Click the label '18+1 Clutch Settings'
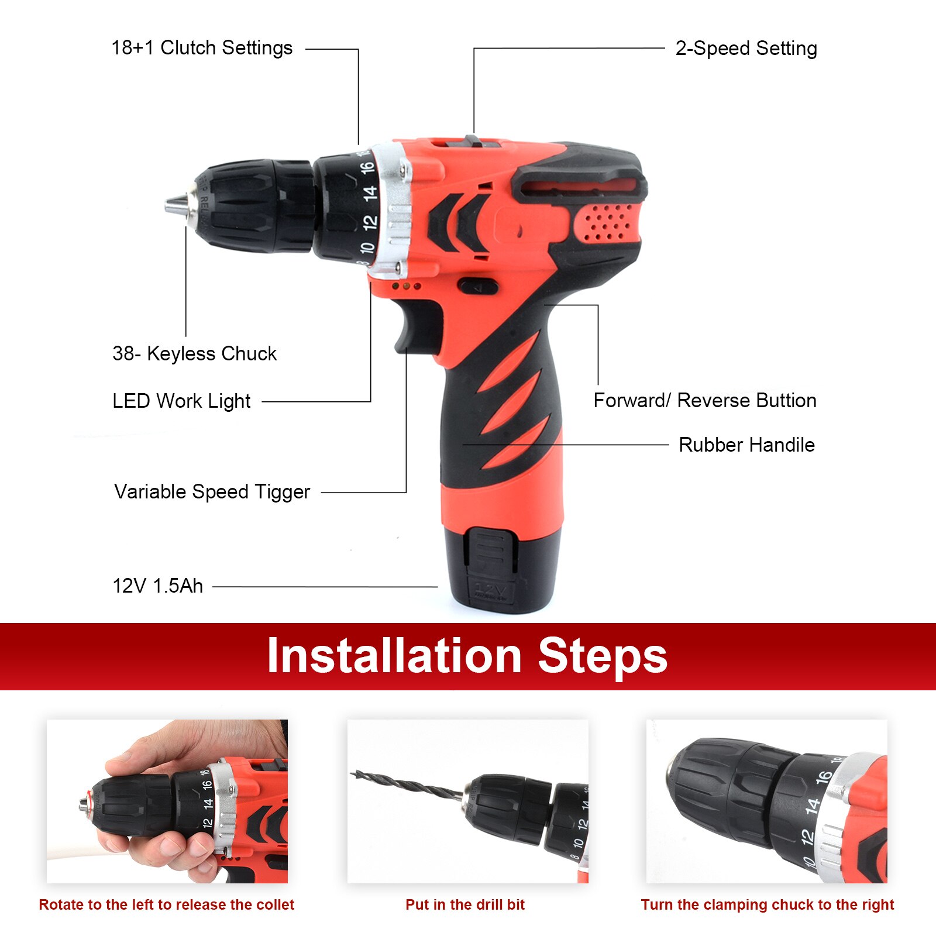tap(202, 48)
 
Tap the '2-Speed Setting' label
tap(746, 49)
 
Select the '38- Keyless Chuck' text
tap(194, 354)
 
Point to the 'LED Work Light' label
tap(181, 401)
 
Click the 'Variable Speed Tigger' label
tap(212, 492)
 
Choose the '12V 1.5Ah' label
tap(157, 586)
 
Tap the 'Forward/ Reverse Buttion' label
tap(704, 401)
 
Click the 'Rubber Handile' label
tap(746, 445)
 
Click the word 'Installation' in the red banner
tap(394, 656)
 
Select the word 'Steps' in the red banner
tap(603, 656)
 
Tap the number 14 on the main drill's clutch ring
tap(370, 194)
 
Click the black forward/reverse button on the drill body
tap(477, 287)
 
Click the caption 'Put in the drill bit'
tap(465, 905)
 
